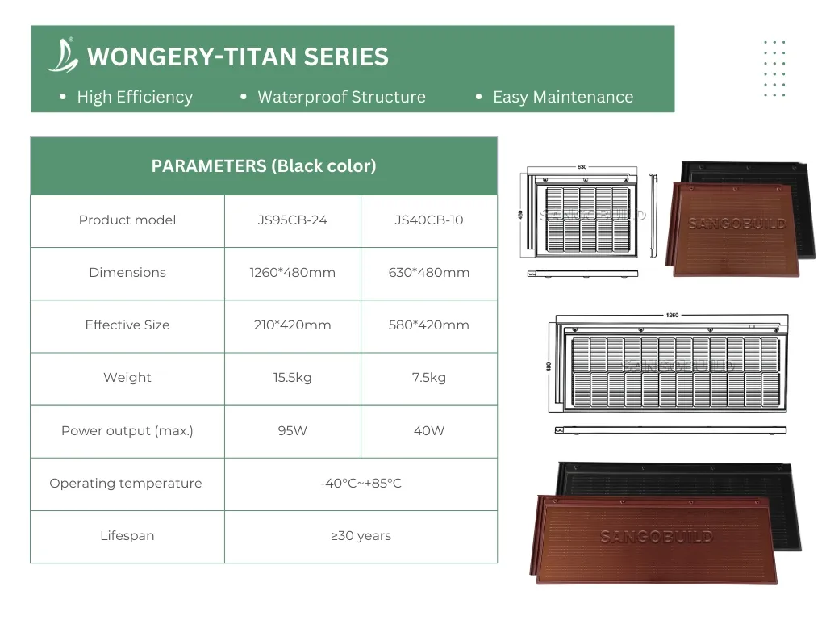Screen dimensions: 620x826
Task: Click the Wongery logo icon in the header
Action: point(63,55)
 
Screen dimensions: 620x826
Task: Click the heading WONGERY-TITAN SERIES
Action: point(237,57)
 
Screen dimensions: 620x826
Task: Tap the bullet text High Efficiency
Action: point(135,97)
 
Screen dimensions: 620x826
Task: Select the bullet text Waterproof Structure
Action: point(341,97)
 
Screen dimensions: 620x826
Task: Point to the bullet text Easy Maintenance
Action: point(562,97)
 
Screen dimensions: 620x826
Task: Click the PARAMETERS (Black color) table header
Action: point(264,166)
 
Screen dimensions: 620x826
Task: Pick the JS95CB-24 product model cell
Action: point(292,220)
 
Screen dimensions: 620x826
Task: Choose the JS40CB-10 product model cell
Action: point(429,220)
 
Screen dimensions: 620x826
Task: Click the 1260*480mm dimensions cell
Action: point(292,273)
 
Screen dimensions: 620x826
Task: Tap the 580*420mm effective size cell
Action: point(429,325)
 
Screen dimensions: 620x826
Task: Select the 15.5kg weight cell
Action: point(292,378)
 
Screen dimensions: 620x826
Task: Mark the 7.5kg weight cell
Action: point(429,378)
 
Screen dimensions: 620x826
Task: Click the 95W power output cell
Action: point(292,431)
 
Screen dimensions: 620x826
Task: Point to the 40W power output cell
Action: point(429,431)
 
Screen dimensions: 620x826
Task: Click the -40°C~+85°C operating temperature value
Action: point(361,484)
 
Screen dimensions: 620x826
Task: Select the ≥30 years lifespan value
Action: point(361,536)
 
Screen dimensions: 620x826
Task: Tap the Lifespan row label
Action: point(127,536)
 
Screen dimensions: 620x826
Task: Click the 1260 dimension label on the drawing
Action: point(672,316)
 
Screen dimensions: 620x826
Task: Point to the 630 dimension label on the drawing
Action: point(582,167)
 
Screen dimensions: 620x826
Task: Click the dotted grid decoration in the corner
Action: point(774,68)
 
